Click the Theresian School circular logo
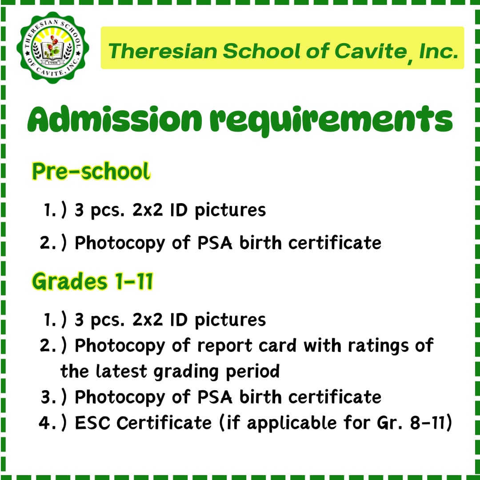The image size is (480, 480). pyautogui.click(x=53, y=48)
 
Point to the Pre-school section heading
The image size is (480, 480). pyautogui.click(x=91, y=171)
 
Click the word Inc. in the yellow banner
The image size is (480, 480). pyautogui.click(x=438, y=51)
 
